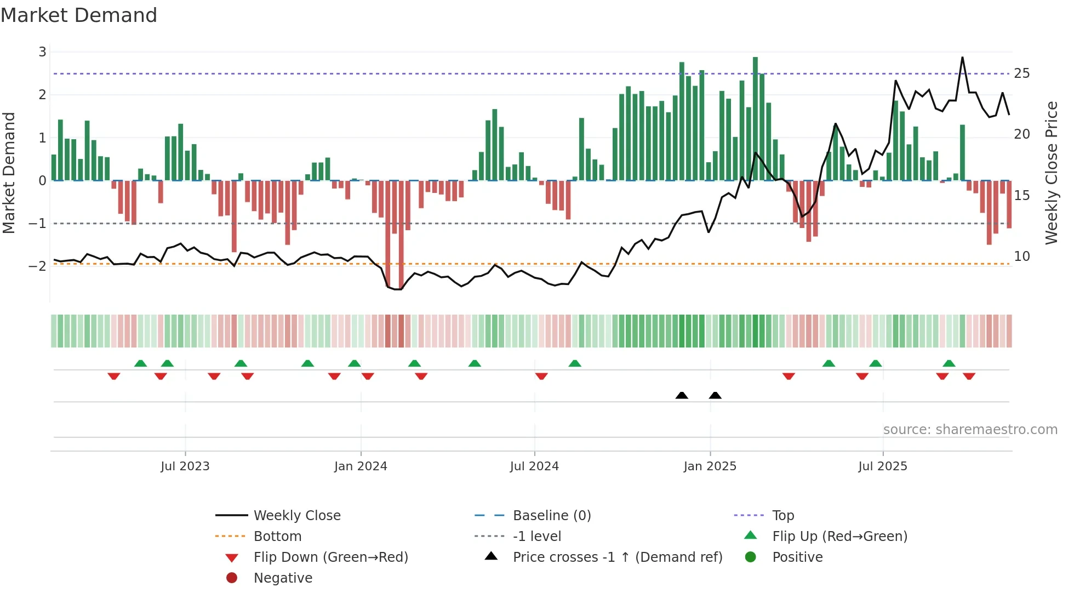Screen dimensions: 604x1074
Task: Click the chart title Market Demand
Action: [x=79, y=15]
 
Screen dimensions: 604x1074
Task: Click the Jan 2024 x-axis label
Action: [x=361, y=466]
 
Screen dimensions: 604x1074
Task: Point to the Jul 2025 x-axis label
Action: [x=882, y=466]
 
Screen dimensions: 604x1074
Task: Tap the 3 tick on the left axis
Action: [x=42, y=52]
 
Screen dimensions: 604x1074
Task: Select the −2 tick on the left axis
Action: [x=38, y=266]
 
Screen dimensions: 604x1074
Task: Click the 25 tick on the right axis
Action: [x=1021, y=73]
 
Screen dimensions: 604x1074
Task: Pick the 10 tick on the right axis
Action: [x=1021, y=257]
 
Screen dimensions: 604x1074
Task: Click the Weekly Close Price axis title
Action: [x=1051, y=173]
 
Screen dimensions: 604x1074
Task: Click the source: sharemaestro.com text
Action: [x=970, y=430]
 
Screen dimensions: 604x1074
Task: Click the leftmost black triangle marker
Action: [x=682, y=395]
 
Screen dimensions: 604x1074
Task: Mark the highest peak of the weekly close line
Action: [x=962, y=58]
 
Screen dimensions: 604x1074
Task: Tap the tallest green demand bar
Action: [x=755, y=118]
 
